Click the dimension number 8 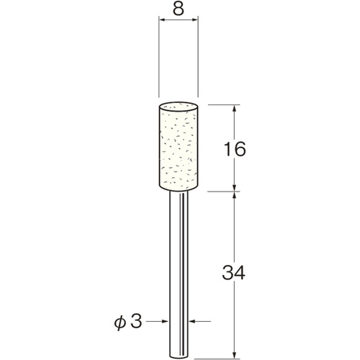click(x=179, y=9)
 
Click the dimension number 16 click(x=235, y=149)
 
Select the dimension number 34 click(x=233, y=273)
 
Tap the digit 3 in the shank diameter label click(x=136, y=321)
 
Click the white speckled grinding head click(x=179, y=147)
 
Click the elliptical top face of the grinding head click(x=179, y=107)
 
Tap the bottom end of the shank click(x=179, y=358)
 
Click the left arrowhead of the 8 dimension click(x=163, y=20)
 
